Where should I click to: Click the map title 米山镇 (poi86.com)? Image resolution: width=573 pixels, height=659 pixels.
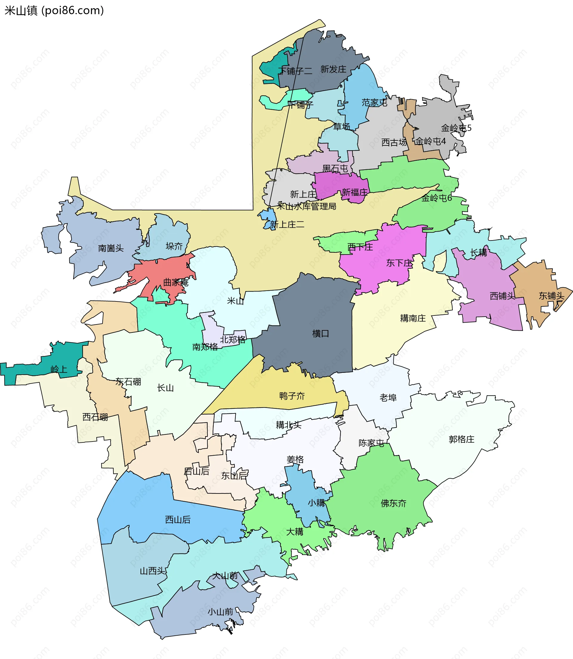coord(54,10)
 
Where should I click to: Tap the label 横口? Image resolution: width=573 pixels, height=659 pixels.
coord(321,333)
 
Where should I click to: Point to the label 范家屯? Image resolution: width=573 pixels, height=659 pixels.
coord(375,102)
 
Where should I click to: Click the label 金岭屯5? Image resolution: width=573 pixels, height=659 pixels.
coord(456,128)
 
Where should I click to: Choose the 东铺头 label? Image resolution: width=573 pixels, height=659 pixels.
coord(551,296)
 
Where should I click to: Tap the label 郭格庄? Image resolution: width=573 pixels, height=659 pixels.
coord(461,439)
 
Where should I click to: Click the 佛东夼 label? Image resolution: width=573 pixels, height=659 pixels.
coord(393,503)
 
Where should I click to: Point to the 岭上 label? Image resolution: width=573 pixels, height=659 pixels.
coord(59,369)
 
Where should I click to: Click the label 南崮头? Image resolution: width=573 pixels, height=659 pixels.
coord(111,248)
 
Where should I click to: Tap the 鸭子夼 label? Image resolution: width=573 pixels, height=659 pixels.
coord(292,396)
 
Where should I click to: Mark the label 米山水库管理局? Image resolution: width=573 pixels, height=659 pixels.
coord(306,206)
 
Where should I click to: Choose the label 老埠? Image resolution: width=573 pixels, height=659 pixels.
coord(388,398)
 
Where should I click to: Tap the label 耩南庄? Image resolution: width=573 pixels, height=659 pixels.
coord(413,318)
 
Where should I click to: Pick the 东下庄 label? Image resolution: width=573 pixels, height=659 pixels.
coord(399,263)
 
